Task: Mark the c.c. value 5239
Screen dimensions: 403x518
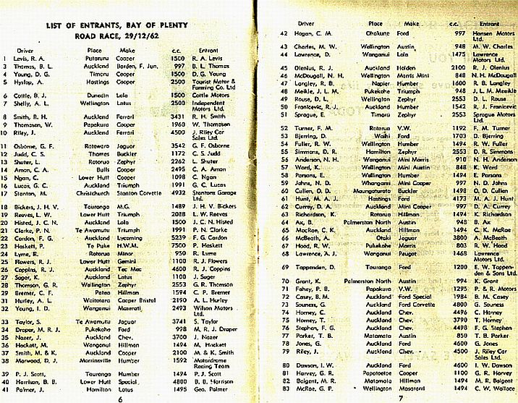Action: point(177,239)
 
